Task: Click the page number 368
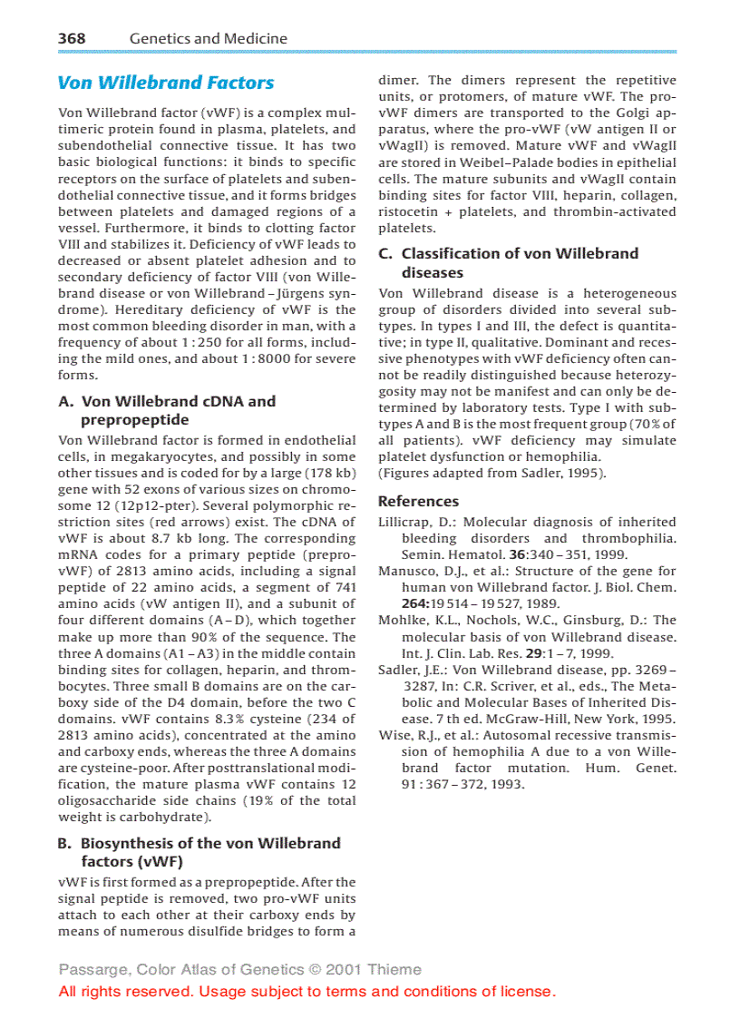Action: click(x=72, y=38)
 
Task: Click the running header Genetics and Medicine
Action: click(x=209, y=38)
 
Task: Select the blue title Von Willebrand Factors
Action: click(x=166, y=83)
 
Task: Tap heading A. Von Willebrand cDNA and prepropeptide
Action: click(x=168, y=410)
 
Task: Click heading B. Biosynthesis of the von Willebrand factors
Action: click(x=200, y=852)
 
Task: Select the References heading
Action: click(x=418, y=501)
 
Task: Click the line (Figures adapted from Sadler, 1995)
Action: click(x=492, y=473)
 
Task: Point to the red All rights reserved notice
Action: click(x=307, y=991)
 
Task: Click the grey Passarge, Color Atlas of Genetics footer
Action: click(x=240, y=969)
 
